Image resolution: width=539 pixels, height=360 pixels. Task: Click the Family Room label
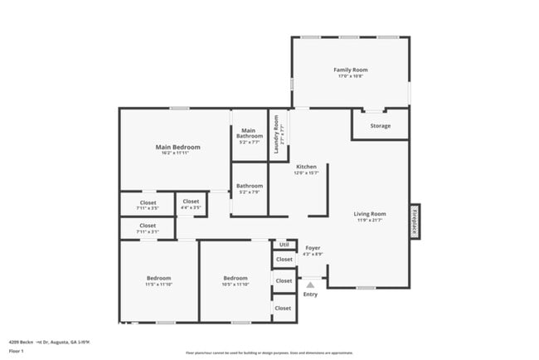pyautogui.click(x=350, y=70)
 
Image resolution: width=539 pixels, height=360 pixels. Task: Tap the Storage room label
pyautogui.click(x=380, y=126)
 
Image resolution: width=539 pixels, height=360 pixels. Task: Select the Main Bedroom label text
pyautogui.click(x=177, y=148)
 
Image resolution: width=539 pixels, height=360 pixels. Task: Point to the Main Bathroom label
pyautogui.click(x=248, y=133)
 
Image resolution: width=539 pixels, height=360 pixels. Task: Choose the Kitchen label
pyautogui.click(x=306, y=167)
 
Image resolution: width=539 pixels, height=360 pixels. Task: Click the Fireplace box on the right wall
pyautogui.click(x=414, y=221)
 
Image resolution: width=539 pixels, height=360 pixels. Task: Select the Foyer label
pyautogui.click(x=312, y=247)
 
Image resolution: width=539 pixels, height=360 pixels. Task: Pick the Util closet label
pyautogui.click(x=284, y=244)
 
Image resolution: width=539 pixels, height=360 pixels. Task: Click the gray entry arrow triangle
pyautogui.click(x=310, y=285)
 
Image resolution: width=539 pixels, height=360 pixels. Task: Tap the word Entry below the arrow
pyautogui.click(x=310, y=294)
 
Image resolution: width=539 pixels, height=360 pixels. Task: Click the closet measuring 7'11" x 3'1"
pyautogui.click(x=148, y=226)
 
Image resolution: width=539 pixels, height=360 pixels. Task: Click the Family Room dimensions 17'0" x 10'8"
pyautogui.click(x=350, y=76)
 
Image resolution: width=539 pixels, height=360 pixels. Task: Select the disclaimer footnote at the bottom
pyautogui.click(x=269, y=353)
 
